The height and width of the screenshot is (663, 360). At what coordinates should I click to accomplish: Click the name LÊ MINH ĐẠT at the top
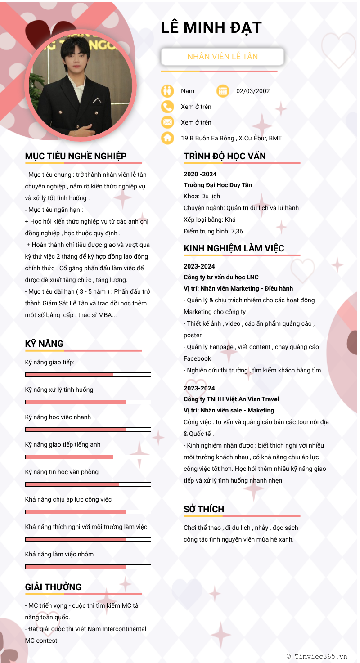point(211,28)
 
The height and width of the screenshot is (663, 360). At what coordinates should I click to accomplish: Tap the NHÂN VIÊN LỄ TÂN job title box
point(222,57)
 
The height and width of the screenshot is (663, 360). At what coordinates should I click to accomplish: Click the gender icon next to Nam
point(167,91)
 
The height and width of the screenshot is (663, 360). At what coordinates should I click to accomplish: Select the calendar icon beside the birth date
point(223,91)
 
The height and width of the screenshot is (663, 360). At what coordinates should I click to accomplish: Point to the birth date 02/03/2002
point(253,91)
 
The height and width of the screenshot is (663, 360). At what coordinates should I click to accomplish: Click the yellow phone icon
point(167,107)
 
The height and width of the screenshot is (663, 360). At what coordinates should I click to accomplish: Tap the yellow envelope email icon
point(167,122)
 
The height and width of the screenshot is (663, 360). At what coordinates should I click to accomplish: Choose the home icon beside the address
point(167,138)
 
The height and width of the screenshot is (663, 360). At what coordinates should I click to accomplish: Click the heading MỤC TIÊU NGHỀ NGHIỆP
point(76,156)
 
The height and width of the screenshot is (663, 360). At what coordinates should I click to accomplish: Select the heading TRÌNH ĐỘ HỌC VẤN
point(225,156)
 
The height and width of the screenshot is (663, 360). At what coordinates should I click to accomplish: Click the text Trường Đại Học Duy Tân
point(218,185)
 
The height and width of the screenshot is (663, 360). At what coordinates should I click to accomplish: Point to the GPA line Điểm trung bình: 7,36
point(213,231)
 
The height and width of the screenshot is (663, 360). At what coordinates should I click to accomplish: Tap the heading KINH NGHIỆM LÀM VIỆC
point(234,248)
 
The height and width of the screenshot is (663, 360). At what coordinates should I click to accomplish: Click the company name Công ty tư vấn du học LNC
point(221,277)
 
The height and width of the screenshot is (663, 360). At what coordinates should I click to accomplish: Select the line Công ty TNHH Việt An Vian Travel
point(231,399)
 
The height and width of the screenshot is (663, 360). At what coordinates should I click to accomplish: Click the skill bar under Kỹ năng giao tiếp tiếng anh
point(88,457)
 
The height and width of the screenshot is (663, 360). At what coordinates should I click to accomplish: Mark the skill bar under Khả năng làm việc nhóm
point(88,567)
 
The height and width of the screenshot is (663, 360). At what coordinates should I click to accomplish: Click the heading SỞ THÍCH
point(204,509)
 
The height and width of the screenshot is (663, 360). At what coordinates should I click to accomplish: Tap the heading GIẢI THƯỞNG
point(53,587)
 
